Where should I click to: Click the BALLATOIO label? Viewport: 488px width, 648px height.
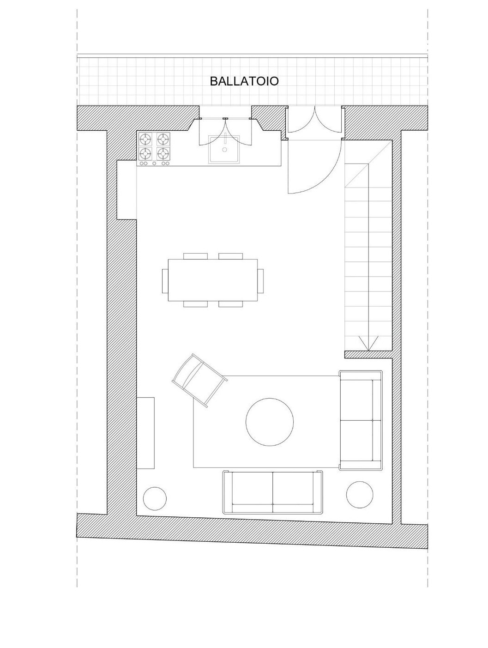pyautogui.click(x=244, y=80)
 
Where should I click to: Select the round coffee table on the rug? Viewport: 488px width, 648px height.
pyautogui.click(x=269, y=422)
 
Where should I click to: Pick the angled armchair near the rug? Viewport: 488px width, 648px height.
pyautogui.click(x=199, y=380)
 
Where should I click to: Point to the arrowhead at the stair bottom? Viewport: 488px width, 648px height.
pyautogui.click(x=368, y=343)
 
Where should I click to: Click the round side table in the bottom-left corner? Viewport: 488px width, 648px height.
pyautogui.click(x=155, y=498)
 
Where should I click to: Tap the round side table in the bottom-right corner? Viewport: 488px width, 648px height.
pyautogui.click(x=359, y=495)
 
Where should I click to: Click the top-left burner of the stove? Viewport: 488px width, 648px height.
pyautogui.click(x=145, y=138)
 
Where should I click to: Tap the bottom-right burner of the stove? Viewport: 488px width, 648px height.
pyautogui.click(x=163, y=153)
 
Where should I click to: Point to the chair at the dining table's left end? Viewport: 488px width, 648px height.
pyautogui.click(x=165, y=280)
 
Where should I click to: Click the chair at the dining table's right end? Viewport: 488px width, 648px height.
pyautogui.click(x=260, y=280)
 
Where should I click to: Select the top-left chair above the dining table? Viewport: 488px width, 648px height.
pyautogui.click(x=195, y=256)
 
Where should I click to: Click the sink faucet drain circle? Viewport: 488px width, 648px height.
pyautogui.click(x=224, y=150)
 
